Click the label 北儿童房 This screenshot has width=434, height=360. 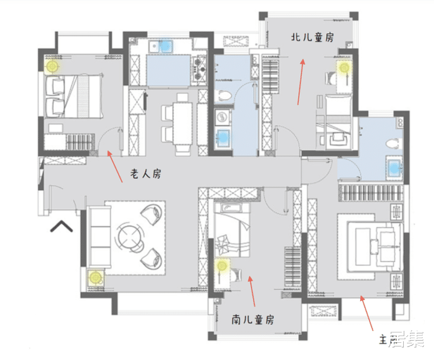[x=312, y=37]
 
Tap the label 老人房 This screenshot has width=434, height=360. [x=145, y=174]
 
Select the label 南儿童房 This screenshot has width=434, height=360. [x=253, y=319]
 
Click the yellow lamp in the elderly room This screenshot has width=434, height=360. [x=53, y=66]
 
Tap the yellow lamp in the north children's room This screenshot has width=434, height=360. [x=343, y=67]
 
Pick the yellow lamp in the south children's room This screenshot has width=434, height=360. [x=223, y=266]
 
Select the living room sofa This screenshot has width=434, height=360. [x=99, y=237]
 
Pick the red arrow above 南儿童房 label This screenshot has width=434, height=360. [x=252, y=292]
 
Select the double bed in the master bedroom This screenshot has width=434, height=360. [x=371, y=243]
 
